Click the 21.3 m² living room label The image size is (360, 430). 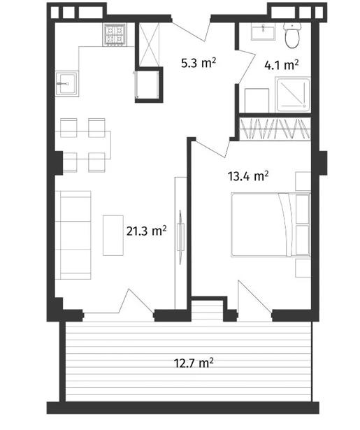[x=146, y=231]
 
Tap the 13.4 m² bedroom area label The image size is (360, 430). [x=248, y=175]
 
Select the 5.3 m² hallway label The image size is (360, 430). [x=199, y=63]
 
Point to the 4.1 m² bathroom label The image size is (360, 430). [x=281, y=65]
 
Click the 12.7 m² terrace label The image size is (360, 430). [x=194, y=363]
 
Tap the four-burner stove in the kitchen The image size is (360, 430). [x=115, y=34]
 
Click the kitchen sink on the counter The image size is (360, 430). [x=66, y=84]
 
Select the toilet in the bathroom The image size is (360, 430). [x=292, y=35]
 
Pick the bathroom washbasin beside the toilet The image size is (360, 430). [x=264, y=31]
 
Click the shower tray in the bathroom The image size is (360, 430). [x=293, y=95]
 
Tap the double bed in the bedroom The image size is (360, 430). [x=271, y=225]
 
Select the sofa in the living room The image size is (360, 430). [x=73, y=235]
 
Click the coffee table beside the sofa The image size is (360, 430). [x=113, y=236]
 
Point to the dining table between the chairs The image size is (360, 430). [x=83, y=145]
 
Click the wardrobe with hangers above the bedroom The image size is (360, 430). [x=275, y=129]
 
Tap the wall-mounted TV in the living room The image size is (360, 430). [x=180, y=237]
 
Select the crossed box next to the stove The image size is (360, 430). [x=149, y=45]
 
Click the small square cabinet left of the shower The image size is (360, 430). [x=257, y=101]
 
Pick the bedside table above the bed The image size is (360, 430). [x=303, y=181]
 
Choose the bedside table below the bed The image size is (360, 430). [x=303, y=268]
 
